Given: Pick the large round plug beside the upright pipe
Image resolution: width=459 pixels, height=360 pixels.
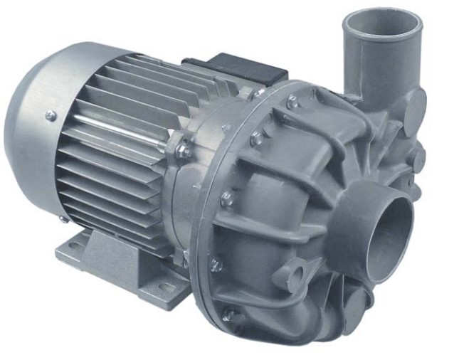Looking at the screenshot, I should pos(411,105).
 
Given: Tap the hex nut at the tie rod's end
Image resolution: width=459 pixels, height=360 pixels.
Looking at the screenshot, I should pos(184,150).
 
